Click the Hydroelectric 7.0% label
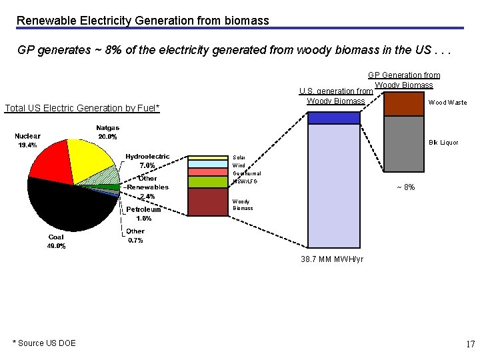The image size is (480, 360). tap(147, 161)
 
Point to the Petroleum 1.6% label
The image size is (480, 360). tap(144, 213)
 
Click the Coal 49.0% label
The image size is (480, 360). tap(56, 241)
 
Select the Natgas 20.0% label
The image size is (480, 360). tap(107, 132)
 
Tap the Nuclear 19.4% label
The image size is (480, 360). tap(27, 140)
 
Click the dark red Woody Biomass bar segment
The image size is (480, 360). tap(208, 202)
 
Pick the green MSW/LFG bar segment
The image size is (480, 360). tap(208, 182)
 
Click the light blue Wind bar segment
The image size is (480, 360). tap(208, 164)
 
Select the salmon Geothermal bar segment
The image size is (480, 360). tap(208, 172)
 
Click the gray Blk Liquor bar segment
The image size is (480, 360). tap(405, 143)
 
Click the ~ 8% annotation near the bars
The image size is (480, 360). tap(405, 187)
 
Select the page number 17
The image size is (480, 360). tap(470, 344)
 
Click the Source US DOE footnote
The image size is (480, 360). tap(44, 343)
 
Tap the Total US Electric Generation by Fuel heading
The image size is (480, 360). tap(82, 108)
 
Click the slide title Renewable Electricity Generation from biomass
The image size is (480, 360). tap(143, 21)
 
